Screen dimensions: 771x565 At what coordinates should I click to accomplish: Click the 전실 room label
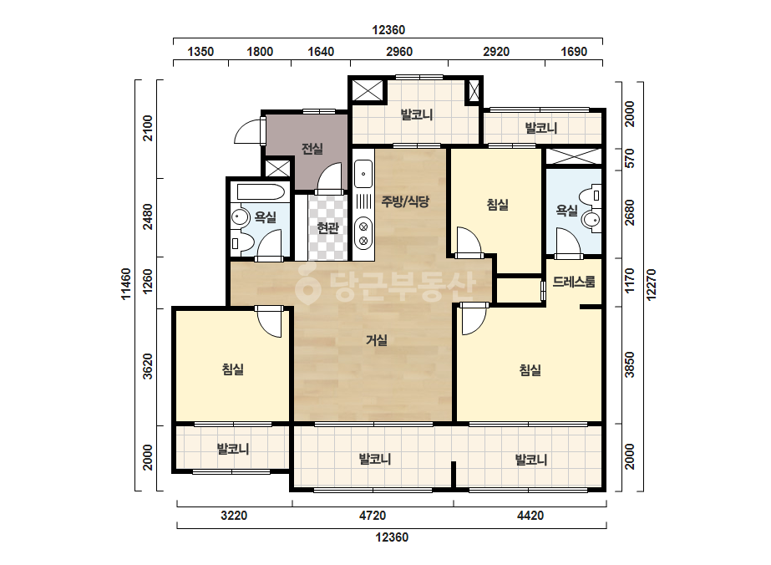point(312,148)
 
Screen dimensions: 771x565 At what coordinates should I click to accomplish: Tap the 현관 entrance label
point(327,228)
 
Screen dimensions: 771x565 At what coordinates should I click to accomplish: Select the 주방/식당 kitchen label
point(406,201)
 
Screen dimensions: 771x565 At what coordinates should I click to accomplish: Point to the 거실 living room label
point(377,340)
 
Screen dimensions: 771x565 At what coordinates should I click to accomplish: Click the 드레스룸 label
point(574,282)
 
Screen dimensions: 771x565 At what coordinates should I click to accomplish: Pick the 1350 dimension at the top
point(200,52)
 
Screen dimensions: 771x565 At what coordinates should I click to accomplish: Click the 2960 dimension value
point(399,52)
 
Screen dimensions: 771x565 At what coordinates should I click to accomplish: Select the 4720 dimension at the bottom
point(373,516)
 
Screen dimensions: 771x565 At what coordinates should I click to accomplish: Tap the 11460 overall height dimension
point(126,284)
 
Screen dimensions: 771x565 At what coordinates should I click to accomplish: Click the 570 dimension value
point(629,159)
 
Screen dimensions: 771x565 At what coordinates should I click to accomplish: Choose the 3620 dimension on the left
point(148,367)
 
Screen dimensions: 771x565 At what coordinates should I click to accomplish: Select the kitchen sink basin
point(363,174)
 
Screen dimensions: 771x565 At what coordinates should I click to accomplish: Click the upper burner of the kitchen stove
point(363,227)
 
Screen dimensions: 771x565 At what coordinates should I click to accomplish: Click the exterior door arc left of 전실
point(247,131)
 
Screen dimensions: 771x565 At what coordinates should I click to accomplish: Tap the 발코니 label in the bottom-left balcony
point(233,449)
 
